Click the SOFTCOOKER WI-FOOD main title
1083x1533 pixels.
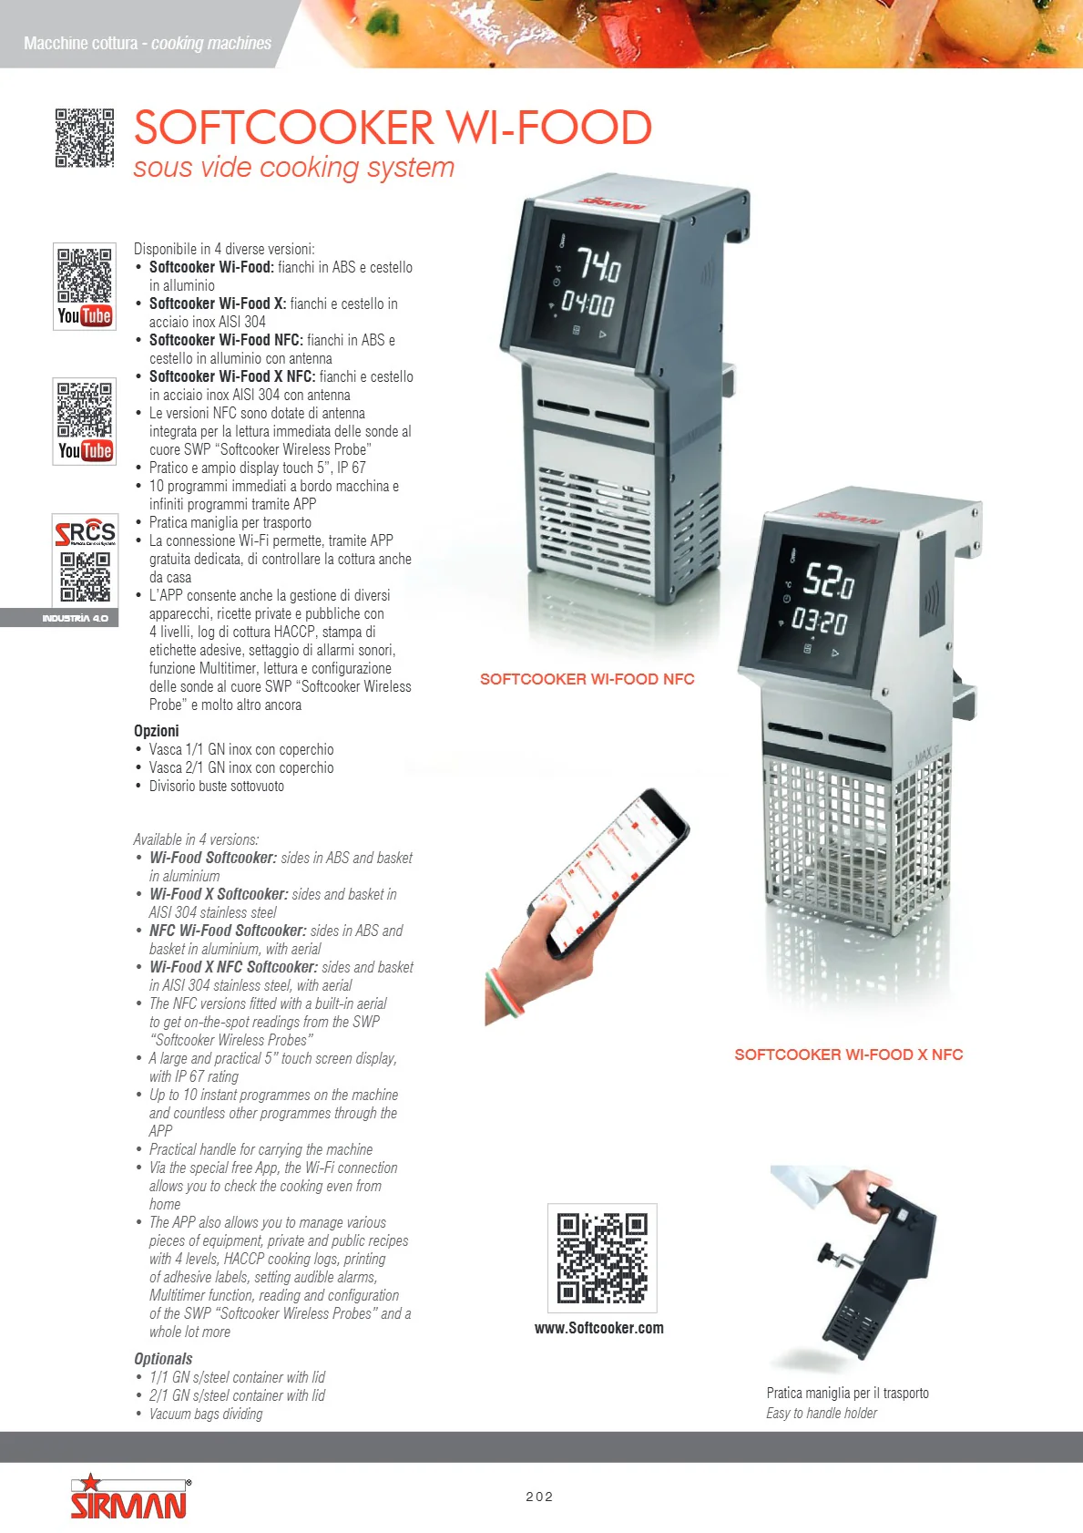click(393, 128)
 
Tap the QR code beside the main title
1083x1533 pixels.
click(84, 138)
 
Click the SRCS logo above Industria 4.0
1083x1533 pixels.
click(85, 531)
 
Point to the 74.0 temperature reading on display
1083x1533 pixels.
click(598, 264)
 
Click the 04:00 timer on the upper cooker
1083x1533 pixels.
click(587, 303)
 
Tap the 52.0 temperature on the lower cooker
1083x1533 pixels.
click(829, 580)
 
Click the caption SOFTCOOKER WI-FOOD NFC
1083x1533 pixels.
click(587, 679)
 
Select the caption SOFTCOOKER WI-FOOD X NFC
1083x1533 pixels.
click(848, 1055)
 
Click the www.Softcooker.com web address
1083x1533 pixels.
click(598, 1328)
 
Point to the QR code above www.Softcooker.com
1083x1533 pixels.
click(602, 1257)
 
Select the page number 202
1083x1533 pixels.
click(539, 1497)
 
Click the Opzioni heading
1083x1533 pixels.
click(156, 730)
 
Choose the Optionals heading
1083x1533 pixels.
click(163, 1359)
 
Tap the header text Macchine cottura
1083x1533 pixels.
click(81, 43)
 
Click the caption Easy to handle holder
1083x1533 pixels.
click(821, 1414)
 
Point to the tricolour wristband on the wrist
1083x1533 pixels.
click(505, 990)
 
